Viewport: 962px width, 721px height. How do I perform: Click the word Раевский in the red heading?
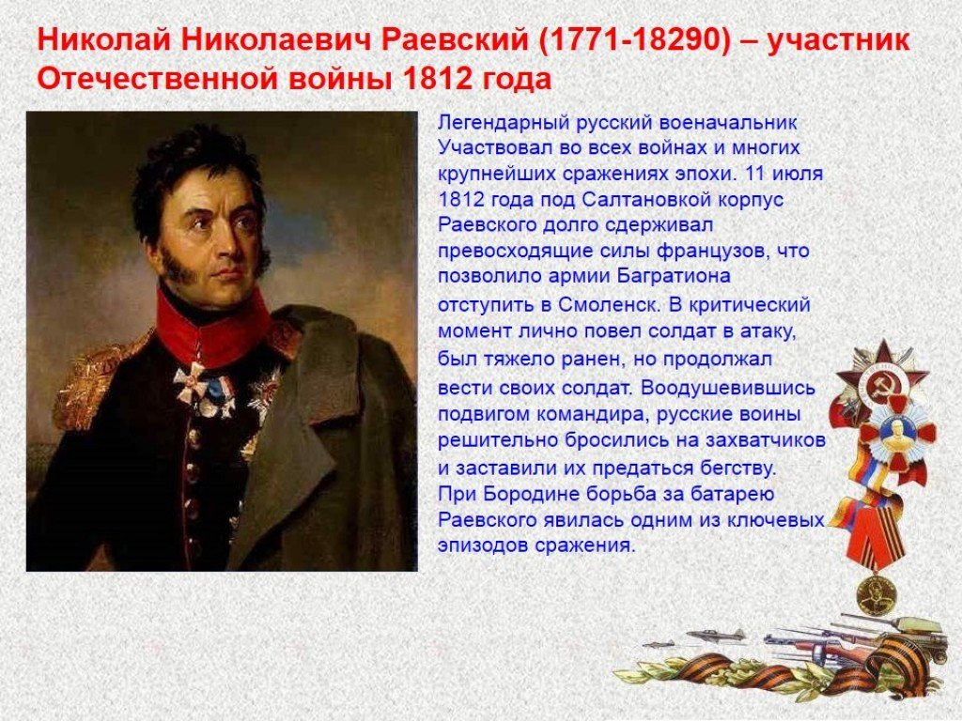456,41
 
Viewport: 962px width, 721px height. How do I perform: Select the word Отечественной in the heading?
144,79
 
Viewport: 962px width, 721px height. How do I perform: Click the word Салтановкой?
640,200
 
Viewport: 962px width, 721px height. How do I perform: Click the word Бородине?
528,495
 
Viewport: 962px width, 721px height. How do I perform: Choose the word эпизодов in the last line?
482,545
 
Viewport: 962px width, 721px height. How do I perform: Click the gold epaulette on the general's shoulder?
92,380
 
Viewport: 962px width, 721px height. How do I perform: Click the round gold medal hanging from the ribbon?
877,595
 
